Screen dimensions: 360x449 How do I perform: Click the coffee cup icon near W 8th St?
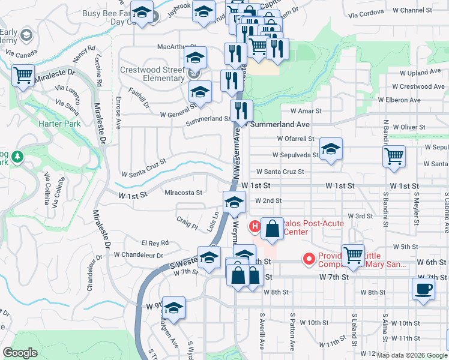pyautogui.click(x=424, y=288)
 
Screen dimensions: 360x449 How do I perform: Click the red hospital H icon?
pyautogui.click(x=255, y=227)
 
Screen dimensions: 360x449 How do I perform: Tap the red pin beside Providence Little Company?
pyautogui.click(x=309, y=259)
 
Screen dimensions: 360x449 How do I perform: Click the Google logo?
pyautogui.click(x=20, y=353)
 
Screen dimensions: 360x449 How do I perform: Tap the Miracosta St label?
pyautogui.click(x=183, y=193)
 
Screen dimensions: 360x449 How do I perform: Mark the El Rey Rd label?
pyautogui.click(x=155, y=243)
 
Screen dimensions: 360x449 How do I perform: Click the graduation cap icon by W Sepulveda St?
pyautogui.click(x=331, y=149)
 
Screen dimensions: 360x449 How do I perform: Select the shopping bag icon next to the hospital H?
pyautogui.click(x=272, y=228)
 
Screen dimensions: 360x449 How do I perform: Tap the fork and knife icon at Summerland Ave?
pyautogui.click(x=241, y=110)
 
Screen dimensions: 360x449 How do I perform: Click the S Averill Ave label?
pyautogui.click(x=262, y=339)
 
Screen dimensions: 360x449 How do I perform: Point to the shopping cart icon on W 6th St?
pyautogui.click(x=353, y=255)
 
